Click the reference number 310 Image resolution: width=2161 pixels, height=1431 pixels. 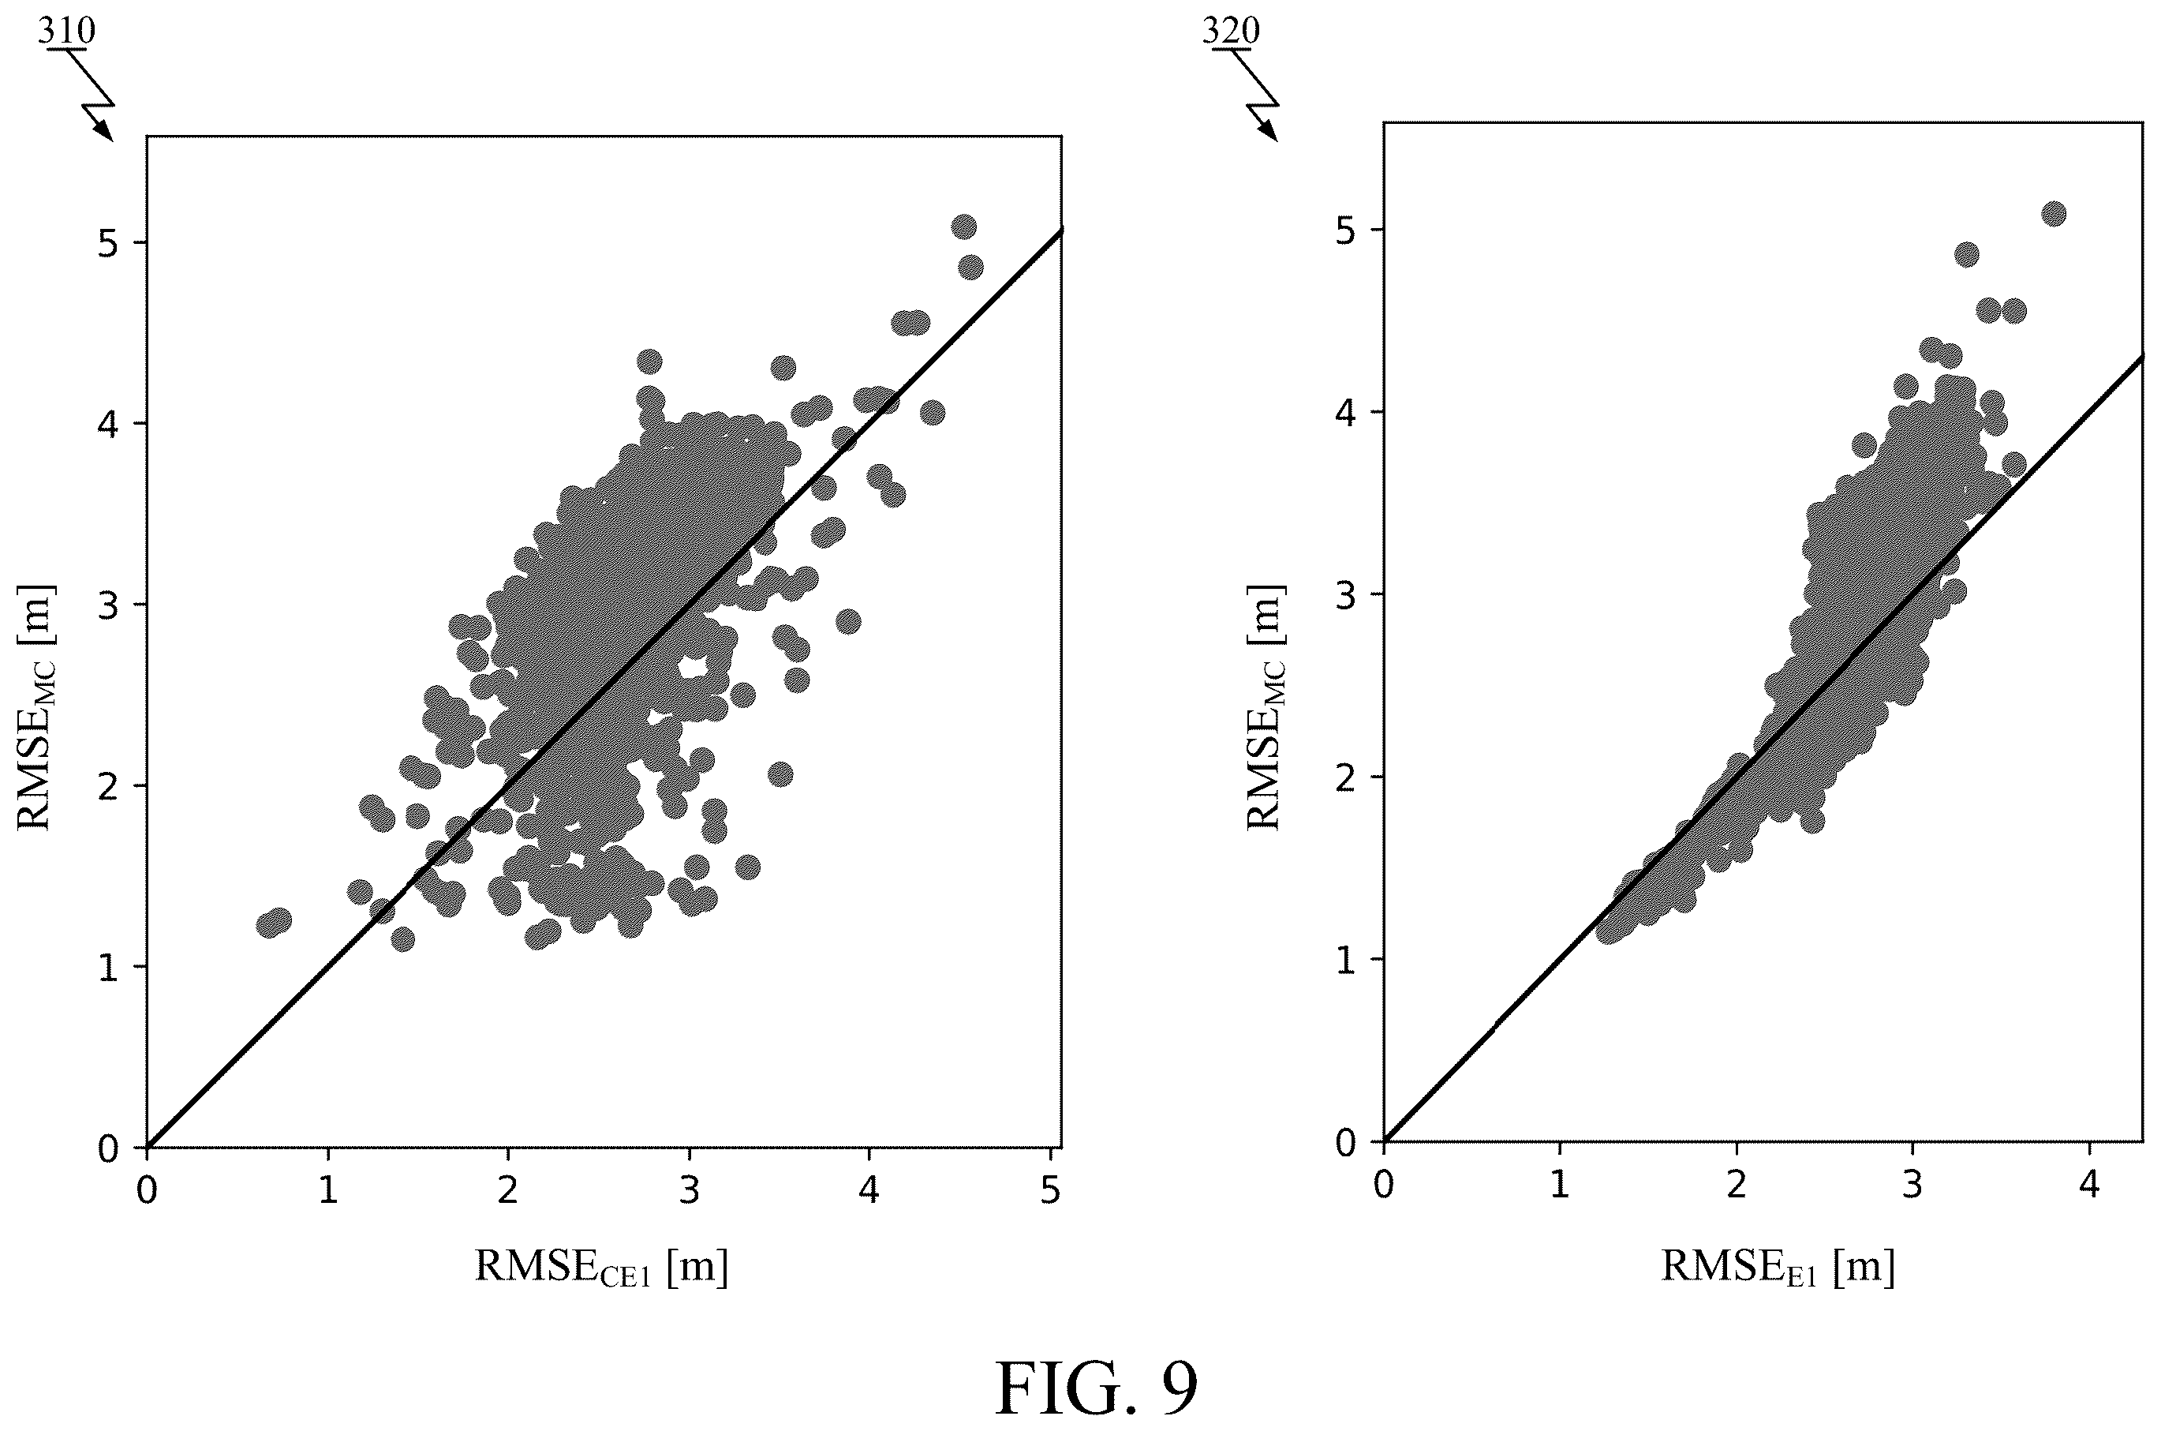(x=65, y=31)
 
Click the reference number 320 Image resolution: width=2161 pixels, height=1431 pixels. (x=1231, y=31)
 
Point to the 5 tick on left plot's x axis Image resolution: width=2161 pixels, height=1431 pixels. (x=1051, y=1191)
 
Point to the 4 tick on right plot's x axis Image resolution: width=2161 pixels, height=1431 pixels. (x=2088, y=1186)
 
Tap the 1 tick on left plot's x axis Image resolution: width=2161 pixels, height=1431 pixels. (x=327, y=1191)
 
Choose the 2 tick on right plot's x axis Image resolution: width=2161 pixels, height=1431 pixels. (x=1736, y=1186)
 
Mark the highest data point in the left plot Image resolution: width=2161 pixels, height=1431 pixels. (x=964, y=227)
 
